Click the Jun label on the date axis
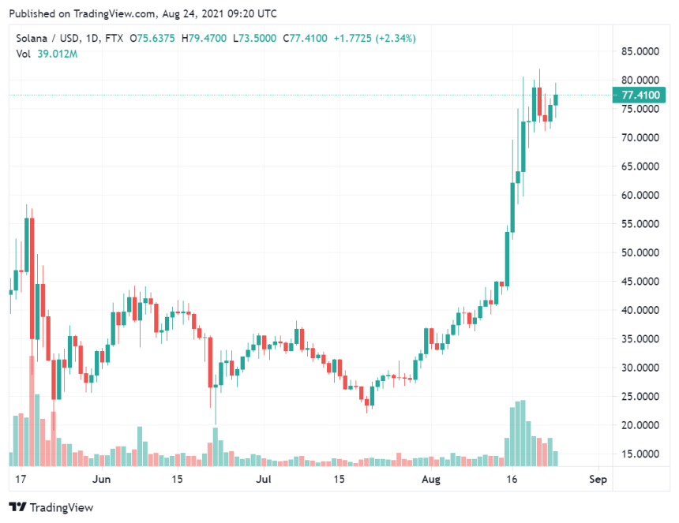point(101,479)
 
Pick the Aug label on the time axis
point(430,479)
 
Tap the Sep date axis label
point(598,479)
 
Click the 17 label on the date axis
point(21,479)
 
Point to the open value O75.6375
point(153,39)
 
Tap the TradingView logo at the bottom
point(51,507)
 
